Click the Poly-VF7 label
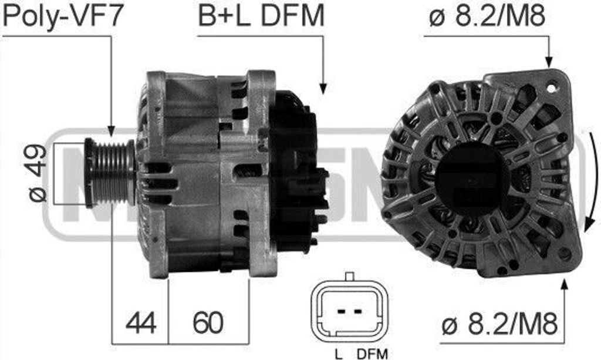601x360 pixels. pos(63,16)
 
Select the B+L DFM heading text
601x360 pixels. pos(261,16)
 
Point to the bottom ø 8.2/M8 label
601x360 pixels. pos(499,325)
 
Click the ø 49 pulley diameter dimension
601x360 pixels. pos(38,173)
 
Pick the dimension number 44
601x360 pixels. pos(141,322)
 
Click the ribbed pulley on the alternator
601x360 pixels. pos(110,173)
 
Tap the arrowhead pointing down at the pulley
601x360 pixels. pos(111,130)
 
